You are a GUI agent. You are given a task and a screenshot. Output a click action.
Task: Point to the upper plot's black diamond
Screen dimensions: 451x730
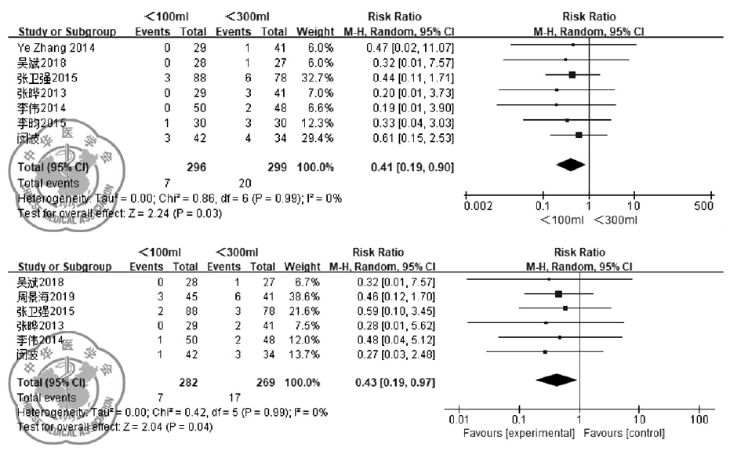570,165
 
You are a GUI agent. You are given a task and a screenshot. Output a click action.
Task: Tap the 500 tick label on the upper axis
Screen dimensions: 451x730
704,206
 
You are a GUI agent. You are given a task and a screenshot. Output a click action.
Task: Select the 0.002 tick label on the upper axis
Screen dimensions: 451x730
479,206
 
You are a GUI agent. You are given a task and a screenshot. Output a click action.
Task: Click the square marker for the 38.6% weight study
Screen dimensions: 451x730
558,294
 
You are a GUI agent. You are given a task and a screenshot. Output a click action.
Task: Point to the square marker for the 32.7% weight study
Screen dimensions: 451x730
572,75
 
